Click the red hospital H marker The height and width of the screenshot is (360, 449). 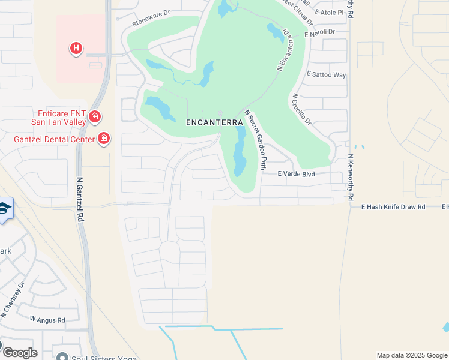pyautogui.click(x=76, y=47)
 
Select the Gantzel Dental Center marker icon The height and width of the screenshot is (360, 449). pyautogui.click(x=104, y=139)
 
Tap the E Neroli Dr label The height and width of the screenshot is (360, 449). pyautogui.click(x=319, y=33)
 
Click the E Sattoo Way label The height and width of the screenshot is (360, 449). pyautogui.click(x=327, y=75)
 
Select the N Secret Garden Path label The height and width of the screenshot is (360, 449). pyautogui.click(x=255, y=135)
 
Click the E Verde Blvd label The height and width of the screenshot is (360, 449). pyautogui.click(x=296, y=174)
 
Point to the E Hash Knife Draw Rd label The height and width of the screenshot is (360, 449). pyautogui.click(x=393, y=206)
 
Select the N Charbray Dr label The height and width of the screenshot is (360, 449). pyautogui.click(x=12, y=302)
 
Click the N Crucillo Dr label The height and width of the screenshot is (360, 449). pyautogui.click(x=302, y=109)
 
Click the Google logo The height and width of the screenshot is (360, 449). pyautogui.click(x=20, y=353)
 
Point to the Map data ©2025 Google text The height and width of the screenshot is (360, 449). pyautogui.click(x=412, y=355)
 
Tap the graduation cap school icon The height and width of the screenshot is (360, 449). pyautogui.click(x=4, y=209)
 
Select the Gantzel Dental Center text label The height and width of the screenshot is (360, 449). pyautogui.click(x=54, y=139)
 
